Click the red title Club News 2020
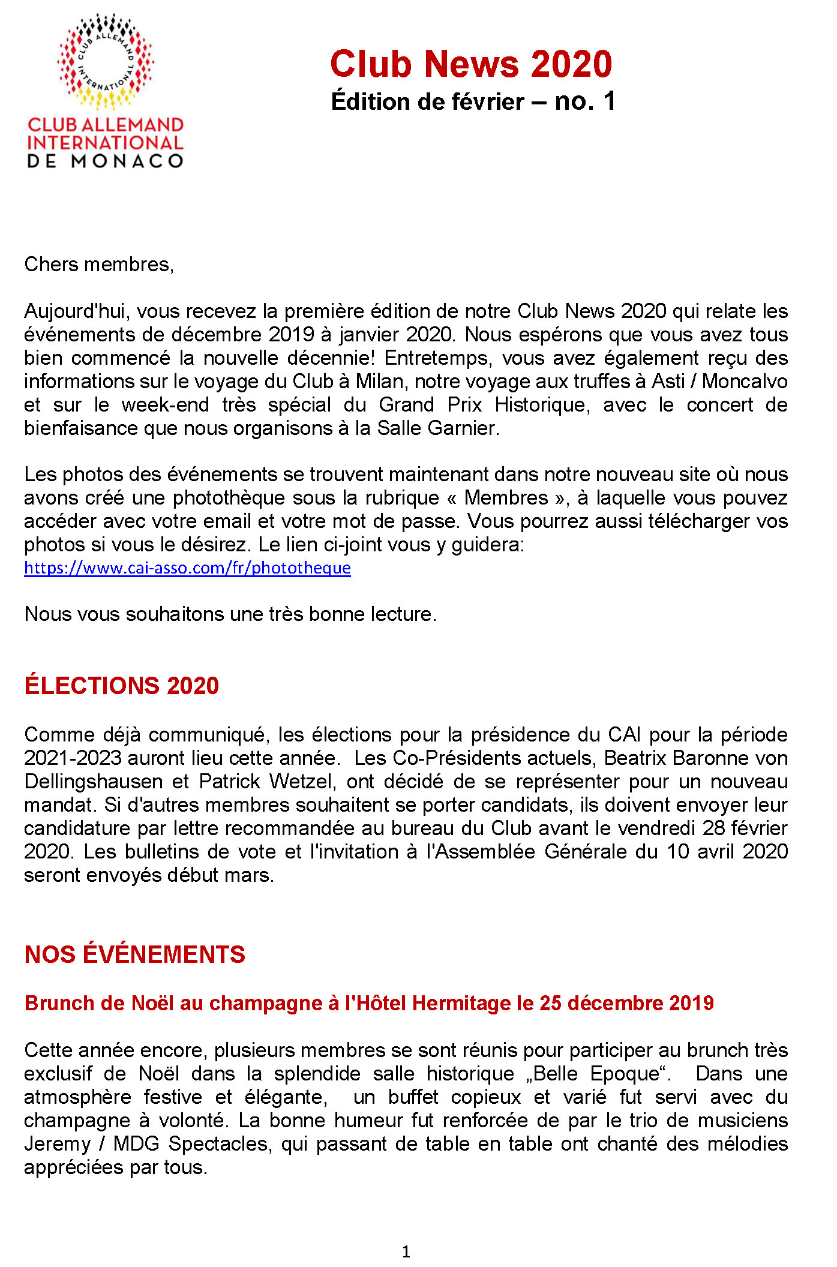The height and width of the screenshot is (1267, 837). tap(471, 64)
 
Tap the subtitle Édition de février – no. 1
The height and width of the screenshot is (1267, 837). tap(473, 101)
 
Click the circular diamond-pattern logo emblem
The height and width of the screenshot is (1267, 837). tap(106, 62)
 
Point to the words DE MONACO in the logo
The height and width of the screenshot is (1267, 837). tap(106, 161)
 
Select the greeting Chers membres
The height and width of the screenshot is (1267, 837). tap(98, 265)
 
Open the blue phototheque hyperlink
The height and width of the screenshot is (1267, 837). tap(187, 568)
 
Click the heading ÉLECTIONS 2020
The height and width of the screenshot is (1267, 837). tap(122, 685)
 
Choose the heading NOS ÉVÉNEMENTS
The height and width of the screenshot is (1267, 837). tap(135, 954)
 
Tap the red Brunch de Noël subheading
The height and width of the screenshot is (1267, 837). tap(369, 1003)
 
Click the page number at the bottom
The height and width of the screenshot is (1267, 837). tap(406, 1251)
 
